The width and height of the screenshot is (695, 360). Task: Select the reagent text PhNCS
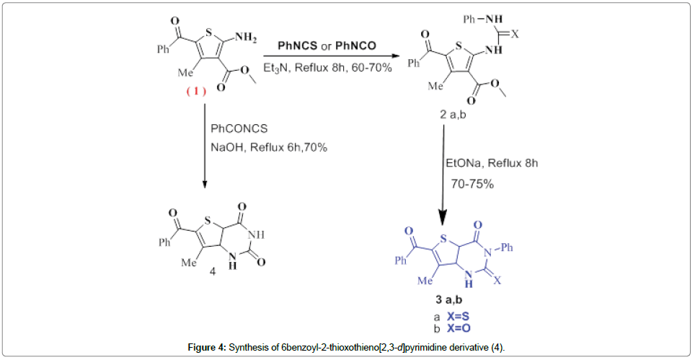pyautogui.click(x=295, y=46)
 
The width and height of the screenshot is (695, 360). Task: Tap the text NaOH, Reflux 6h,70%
pyautogui.click(x=269, y=148)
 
